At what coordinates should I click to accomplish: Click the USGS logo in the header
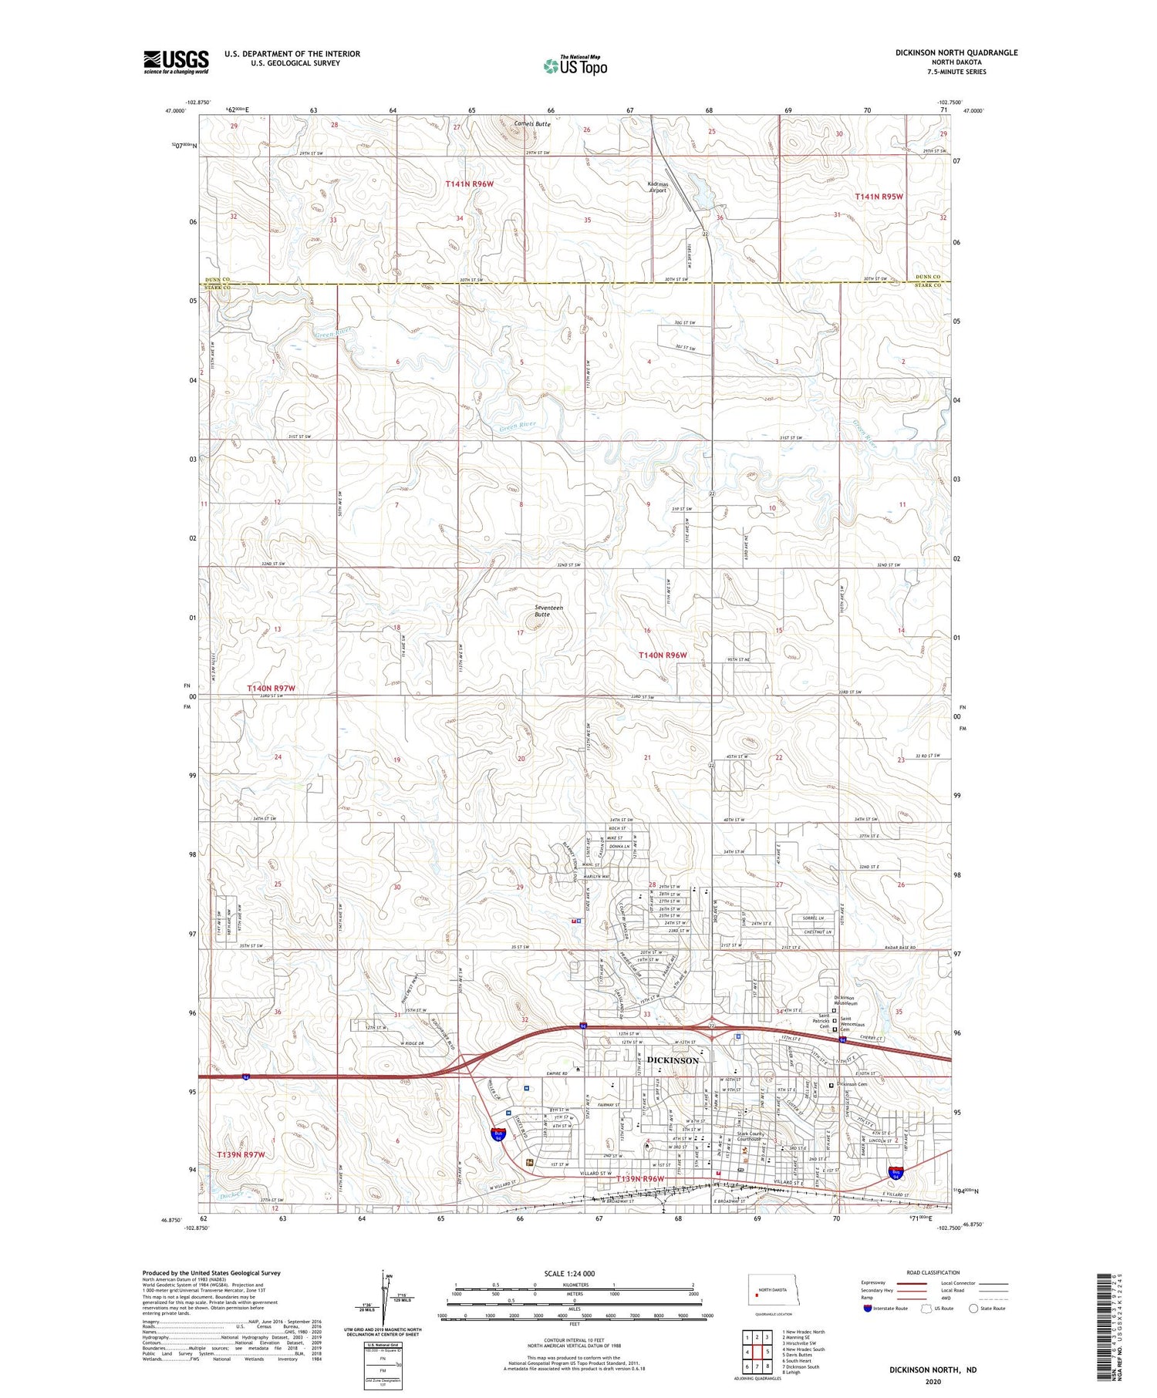pyautogui.click(x=176, y=62)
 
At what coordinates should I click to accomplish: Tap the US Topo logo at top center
pyautogui.click(x=575, y=66)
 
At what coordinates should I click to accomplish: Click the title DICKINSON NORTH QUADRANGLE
pyautogui.click(x=956, y=52)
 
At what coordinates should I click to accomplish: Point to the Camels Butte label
pyautogui.click(x=532, y=123)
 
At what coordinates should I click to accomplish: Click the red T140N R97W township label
pyautogui.click(x=271, y=688)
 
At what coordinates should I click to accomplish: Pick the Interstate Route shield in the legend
pyautogui.click(x=868, y=1308)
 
